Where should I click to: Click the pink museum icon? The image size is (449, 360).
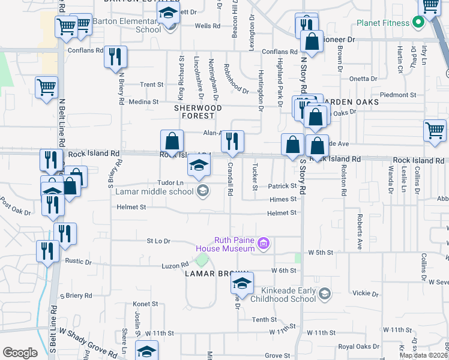coord(263,243)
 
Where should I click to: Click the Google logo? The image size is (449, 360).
coord(20,352)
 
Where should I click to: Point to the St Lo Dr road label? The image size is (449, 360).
coord(158,241)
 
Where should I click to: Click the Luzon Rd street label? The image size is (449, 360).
coord(175,265)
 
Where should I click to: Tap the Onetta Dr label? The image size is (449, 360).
coord(363,79)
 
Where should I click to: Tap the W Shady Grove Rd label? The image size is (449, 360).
coord(88,341)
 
